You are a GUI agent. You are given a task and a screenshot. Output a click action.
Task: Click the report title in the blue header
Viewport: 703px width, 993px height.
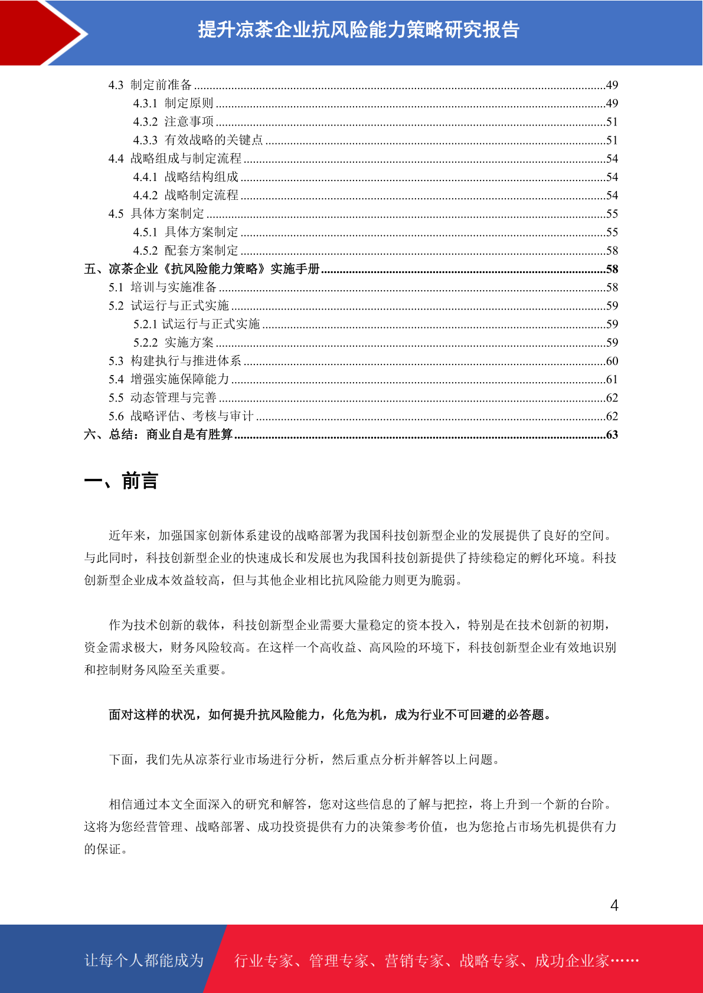[358, 29]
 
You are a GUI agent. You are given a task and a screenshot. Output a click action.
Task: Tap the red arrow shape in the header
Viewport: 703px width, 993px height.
[41, 32]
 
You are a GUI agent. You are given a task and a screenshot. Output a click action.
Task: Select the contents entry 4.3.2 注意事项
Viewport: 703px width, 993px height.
[174, 122]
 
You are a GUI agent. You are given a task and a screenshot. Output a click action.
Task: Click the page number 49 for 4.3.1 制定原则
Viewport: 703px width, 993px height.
[612, 104]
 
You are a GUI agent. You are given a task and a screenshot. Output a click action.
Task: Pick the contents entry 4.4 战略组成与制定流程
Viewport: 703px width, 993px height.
[175, 159]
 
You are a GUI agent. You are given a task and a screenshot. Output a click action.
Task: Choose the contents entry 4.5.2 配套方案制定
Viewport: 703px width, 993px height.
[185, 251]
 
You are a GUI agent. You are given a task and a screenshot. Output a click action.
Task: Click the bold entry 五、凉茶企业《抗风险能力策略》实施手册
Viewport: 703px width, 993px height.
[201, 269]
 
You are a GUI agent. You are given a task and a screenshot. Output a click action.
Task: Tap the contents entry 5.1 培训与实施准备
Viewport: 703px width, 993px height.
[162, 288]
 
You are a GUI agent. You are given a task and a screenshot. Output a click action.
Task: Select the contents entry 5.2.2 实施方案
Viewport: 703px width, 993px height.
[174, 343]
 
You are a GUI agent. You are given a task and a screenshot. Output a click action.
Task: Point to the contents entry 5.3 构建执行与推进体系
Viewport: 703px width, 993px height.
[175, 361]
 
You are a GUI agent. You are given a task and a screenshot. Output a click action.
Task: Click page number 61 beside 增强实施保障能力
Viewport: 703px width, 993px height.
[612, 380]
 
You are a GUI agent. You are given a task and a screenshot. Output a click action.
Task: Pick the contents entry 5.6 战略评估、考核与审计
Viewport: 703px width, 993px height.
[181, 416]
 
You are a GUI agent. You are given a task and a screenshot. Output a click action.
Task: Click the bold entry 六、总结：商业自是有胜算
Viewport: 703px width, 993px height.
[158, 435]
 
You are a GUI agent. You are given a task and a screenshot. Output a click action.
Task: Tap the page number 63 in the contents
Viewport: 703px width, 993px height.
[612, 435]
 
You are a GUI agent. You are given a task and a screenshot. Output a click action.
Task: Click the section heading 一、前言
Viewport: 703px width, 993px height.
[121, 481]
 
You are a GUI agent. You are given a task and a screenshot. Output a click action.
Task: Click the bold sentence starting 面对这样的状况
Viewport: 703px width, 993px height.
[331, 715]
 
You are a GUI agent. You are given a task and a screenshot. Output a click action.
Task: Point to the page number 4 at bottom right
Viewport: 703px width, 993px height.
[614, 905]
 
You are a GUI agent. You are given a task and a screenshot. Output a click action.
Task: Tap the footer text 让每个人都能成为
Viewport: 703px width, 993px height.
[144, 961]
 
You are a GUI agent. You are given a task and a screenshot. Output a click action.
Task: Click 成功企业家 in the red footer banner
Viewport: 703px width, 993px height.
[571, 961]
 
